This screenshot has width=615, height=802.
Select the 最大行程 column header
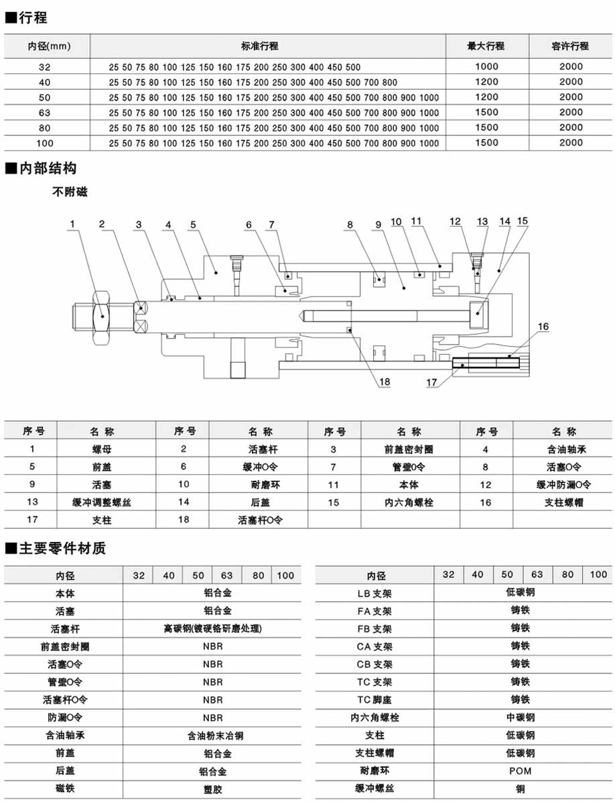[486, 46]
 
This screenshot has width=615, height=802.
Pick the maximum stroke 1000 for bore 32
[486, 66]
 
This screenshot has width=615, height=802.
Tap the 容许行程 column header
[571, 46]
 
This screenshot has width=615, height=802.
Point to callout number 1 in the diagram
[72, 224]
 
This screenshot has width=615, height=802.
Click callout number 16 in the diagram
[543, 327]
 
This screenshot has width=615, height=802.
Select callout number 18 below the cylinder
[385, 382]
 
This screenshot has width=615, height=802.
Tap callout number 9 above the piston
[379, 224]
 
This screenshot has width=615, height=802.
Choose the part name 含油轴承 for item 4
[561, 449]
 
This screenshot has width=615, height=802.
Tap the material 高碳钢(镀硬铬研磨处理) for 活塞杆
[212, 629]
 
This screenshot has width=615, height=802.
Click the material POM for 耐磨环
[521, 771]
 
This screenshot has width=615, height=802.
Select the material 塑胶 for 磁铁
[212, 789]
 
